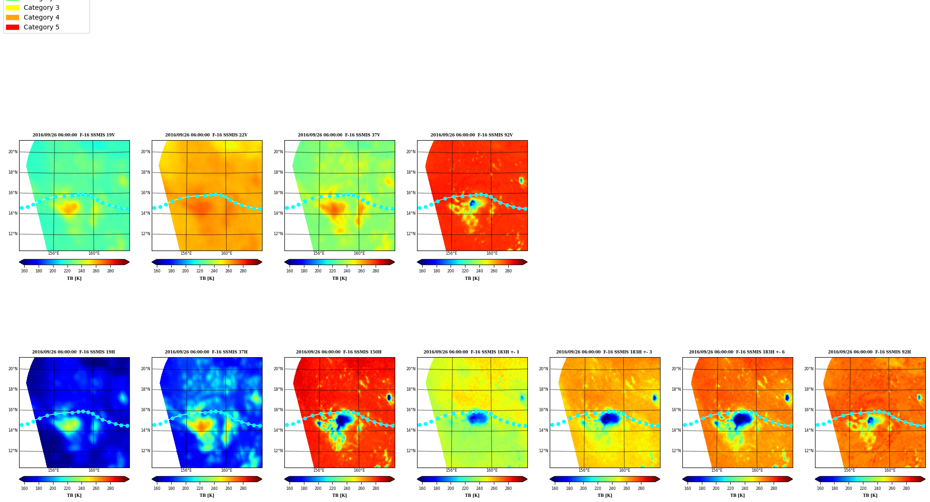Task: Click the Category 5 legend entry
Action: pyautogui.click(x=41, y=27)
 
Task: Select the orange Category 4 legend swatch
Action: pyautogui.click(x=13, y=17)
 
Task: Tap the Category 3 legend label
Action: pyautogui.click(x=41, y=7)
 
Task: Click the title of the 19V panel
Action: pyautogui.click(x=74, y=135)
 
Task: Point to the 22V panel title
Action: pyautogui.click(x=206, y=135)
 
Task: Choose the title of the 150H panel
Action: pyautogui.click(x=339, y=352)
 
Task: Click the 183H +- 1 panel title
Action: pyautogui.click(x=471, y=352)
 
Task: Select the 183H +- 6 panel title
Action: pyautogui.click(x=736, y=352)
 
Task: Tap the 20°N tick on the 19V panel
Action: pyautogui.click(x=13, y=152)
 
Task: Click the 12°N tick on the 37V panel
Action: pyautogui.click(x=278, y=234)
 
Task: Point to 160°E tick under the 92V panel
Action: pyautogui.click(x=492, y=253)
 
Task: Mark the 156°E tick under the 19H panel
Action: pyautogui.click(x=54, y=470)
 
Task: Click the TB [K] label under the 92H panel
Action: pyautogui.click(x=870, y=495)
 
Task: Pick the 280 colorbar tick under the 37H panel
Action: pyautogui.click(x=243, y=488)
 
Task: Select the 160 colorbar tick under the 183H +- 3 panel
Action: pyautogui.click(x=555, y=488)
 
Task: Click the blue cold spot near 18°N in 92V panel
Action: pyautogui.click(x=521, y=180)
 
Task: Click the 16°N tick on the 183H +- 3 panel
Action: pyautogui.click(x=544, y=410)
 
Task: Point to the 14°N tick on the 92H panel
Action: pyautogui.click(x=809, y=430)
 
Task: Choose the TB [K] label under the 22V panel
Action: pyautogui.click(x=207, y=278)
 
